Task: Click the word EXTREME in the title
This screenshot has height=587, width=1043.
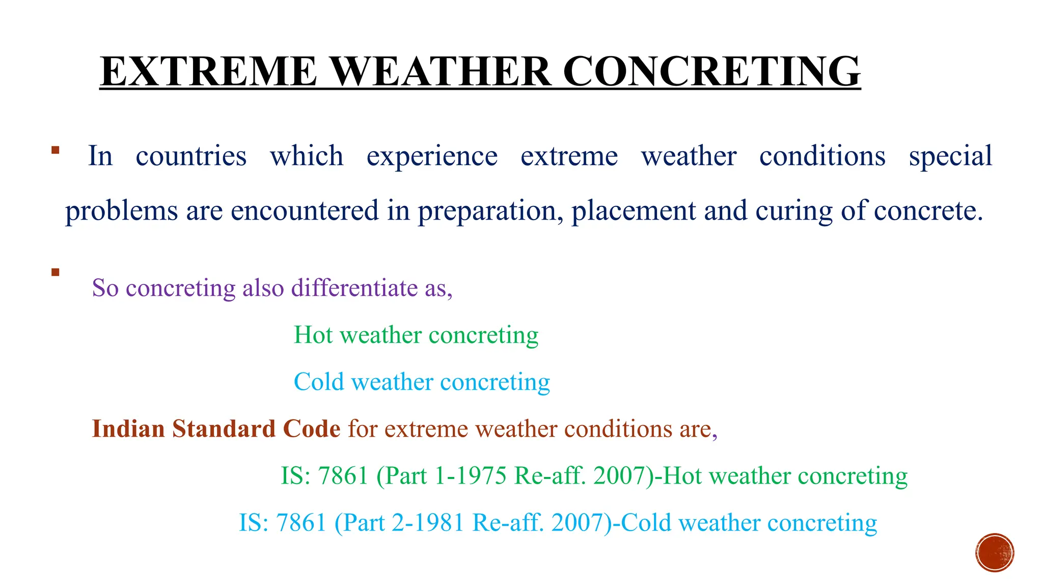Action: click(209, 71)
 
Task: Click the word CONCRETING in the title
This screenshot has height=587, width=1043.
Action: click(711, 71)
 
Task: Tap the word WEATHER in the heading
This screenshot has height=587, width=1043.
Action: click(441, 71)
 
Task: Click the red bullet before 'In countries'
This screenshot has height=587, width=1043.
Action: click(56, 150)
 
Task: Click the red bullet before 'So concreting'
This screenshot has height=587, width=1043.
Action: click(56, 272)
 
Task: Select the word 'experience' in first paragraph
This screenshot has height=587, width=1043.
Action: click(432, 156)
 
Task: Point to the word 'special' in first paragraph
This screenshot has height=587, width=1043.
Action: click(950, 156)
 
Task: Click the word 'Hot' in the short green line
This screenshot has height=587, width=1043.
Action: click(313, 335)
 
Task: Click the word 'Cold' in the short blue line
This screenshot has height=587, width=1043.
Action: click(319, 382)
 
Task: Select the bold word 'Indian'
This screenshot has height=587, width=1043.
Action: click(128, 429)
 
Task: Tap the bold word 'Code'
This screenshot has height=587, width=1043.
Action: click(312, 429)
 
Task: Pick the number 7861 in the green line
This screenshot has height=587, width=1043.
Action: click(343, 476)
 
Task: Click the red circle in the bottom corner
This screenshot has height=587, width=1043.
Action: click(995, 553)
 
